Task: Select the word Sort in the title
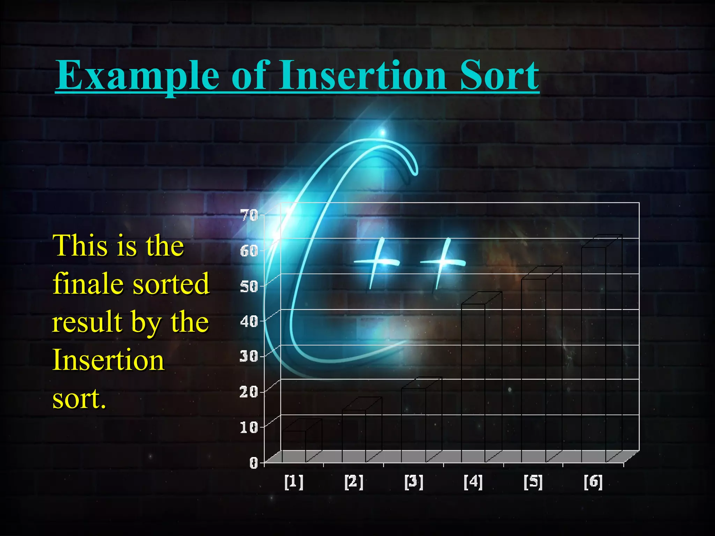[x=499, y=75]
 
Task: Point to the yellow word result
[x=87, y=322]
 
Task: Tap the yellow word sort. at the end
[x=79, y=398]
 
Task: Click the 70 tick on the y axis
[x=249, y=215]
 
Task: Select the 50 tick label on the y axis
[x=249, y=286]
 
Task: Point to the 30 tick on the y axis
[x=249, y=356]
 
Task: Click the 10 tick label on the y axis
[x=249, y=427]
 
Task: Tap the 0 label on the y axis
[x=254, y=463]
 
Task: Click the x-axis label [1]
[x=294, y=482]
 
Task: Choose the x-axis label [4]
[x=473, y=482]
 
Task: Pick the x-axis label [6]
[x=593, y=482]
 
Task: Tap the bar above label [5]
[x=533, y=370]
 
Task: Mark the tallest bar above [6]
[x=594, y=352]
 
